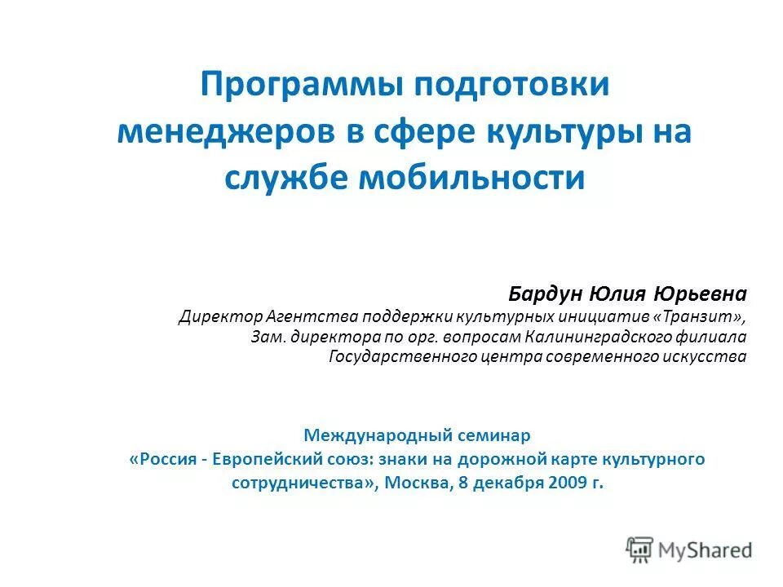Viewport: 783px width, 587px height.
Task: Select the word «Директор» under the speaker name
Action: coord(215,316)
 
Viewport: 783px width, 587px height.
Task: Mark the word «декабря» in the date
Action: coord(507,482)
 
